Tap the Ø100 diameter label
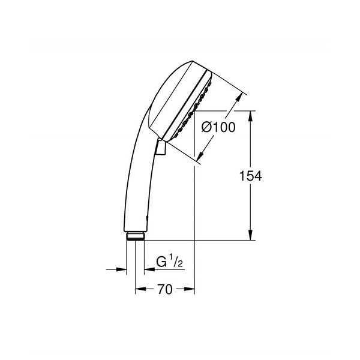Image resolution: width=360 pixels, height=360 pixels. pyautogui.click(x=218, y=127)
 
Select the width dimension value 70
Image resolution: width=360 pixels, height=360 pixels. pyautogui.click(x=165, y=289)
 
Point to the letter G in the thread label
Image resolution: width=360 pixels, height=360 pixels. pyautogui.click(x=161, y=262)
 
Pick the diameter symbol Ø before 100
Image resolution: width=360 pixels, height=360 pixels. pyautogui.click(x=206, y=127)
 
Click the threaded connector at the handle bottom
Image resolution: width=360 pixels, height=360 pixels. pyautogui.click(x=136, y=235)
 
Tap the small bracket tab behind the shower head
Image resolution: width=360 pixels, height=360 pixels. pyautogui.click(x=160, y=148)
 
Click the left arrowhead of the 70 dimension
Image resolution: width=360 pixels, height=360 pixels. pyautogui.click(x=139, y=289)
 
